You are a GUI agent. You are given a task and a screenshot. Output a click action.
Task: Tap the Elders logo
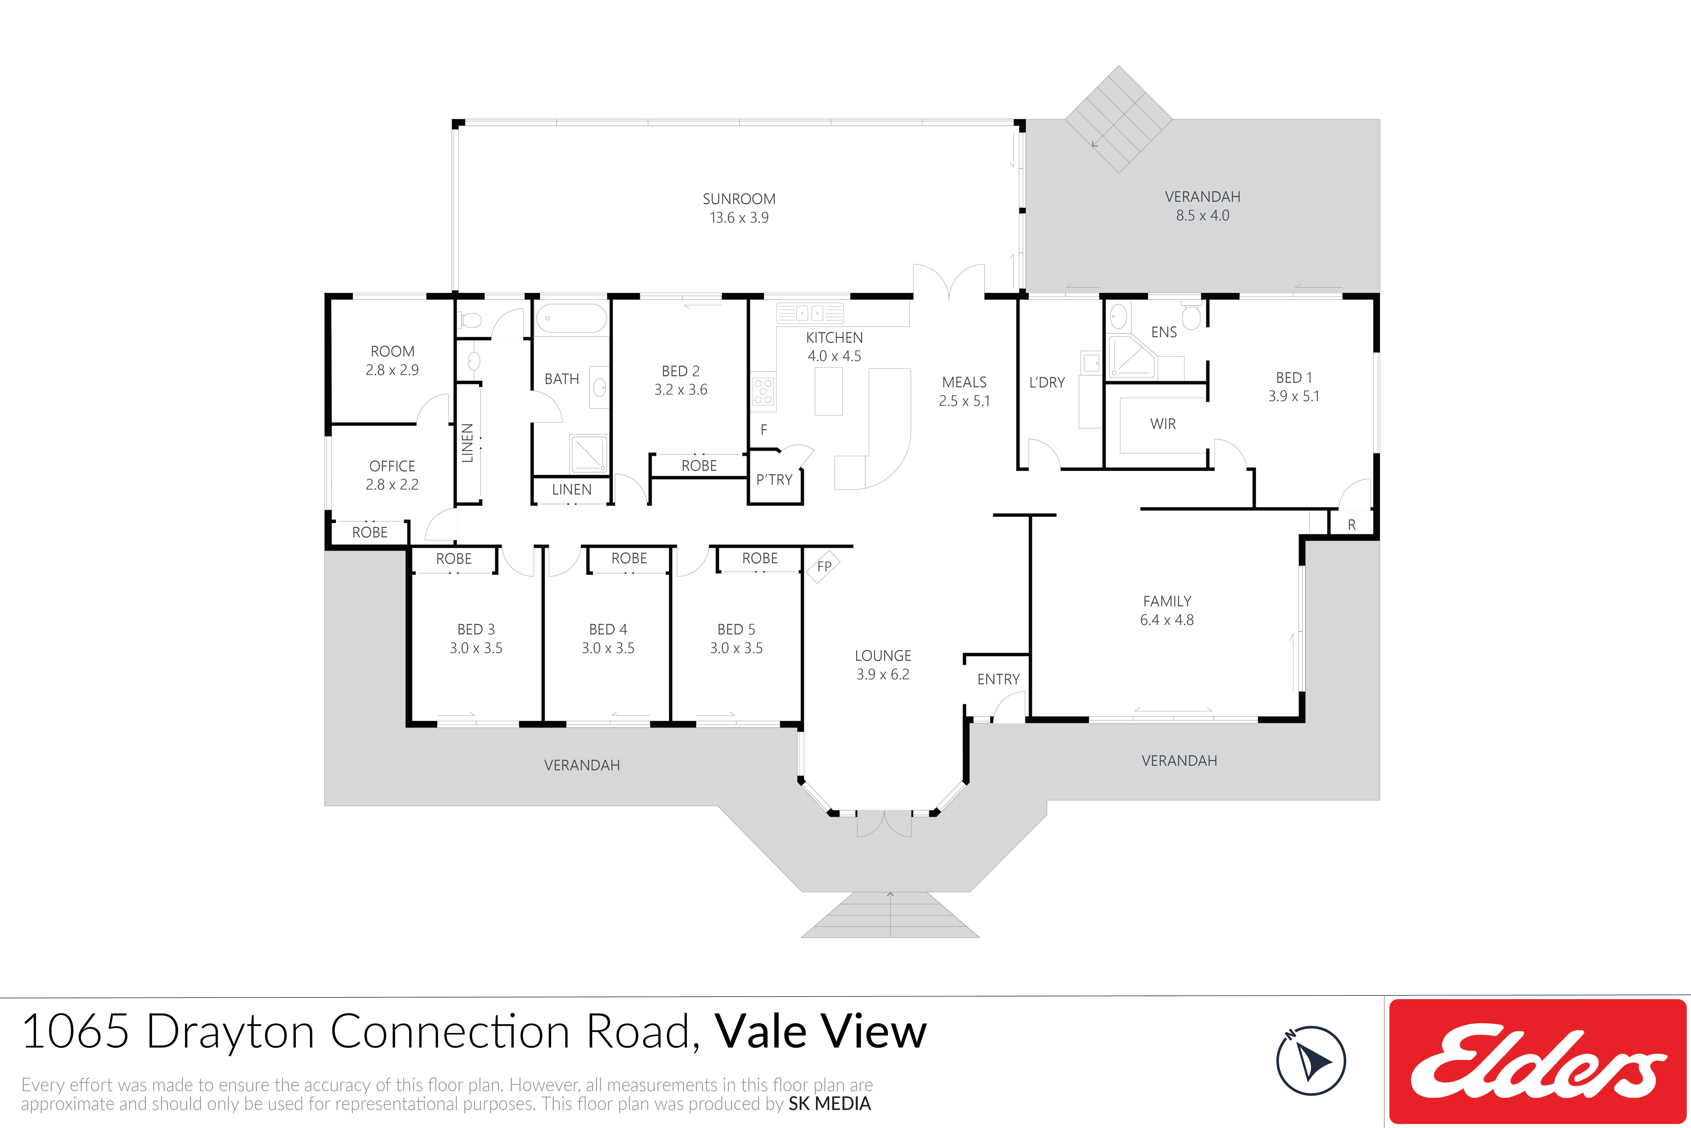pos(1538,1061)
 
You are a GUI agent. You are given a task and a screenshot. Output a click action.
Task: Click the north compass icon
pos(1311,1060)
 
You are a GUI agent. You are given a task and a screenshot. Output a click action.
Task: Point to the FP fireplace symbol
pos(824,566)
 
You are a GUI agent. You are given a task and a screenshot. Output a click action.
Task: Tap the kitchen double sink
pos(810,313)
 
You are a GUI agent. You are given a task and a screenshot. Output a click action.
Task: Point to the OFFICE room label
pos(392,466)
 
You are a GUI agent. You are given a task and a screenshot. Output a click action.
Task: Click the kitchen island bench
pos(828,391)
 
